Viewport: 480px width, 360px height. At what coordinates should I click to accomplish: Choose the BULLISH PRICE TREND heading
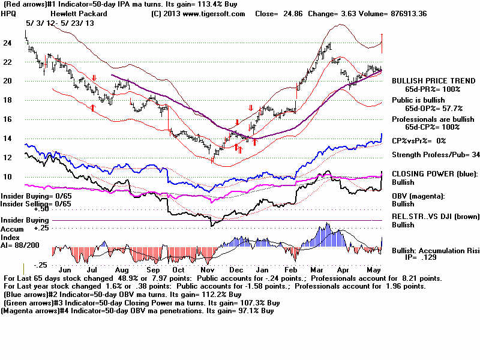425,80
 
